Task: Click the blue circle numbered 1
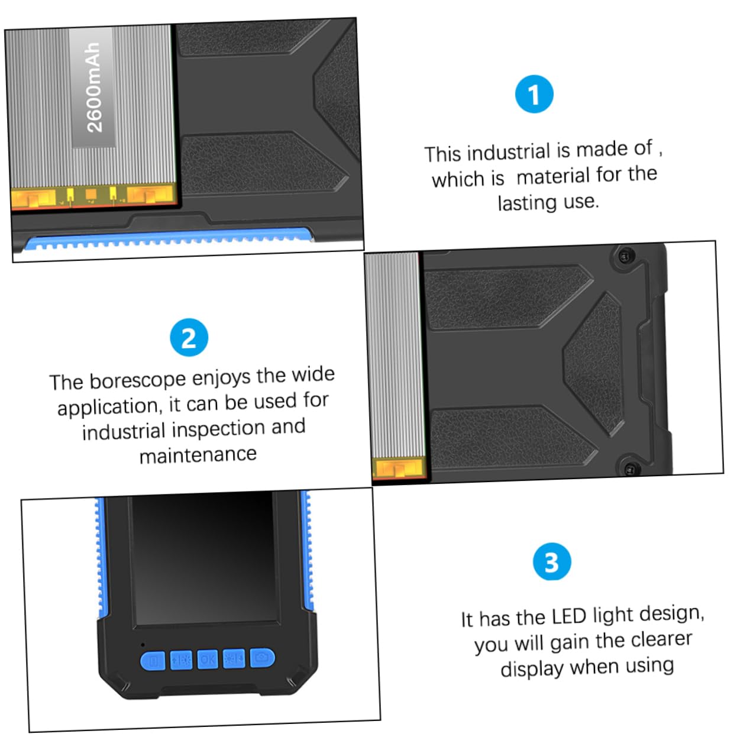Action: pos(534,94)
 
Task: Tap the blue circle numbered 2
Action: pos(189,338)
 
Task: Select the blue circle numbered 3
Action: pos(551,562)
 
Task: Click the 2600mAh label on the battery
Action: pos(93,88)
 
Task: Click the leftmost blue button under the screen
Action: pos(153,661)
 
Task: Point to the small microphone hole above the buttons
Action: pos(142,644)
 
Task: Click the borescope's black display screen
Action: pos(204,559)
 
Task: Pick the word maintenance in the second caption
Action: pos(198,455)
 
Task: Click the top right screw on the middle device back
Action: pos(624,256)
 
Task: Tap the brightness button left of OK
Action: pos(181,660)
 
